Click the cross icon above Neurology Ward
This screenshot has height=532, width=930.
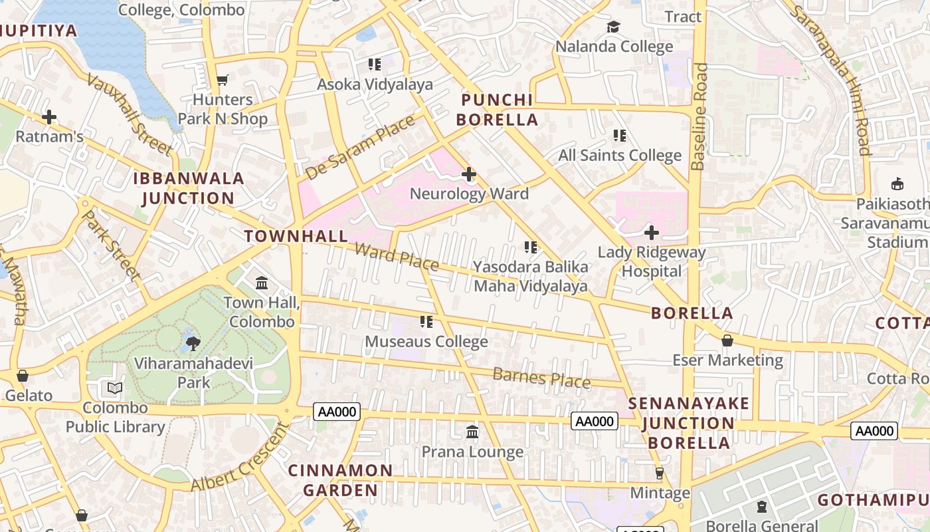[469, 175]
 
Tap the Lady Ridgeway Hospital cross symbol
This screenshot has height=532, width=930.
[652, 233]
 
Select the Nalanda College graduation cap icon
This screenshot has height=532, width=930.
[613, 27]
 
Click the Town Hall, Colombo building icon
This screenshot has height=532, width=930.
[262, 283]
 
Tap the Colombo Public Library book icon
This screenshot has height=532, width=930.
[115, 388]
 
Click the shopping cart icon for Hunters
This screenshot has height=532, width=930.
[223, 80]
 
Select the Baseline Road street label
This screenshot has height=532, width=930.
[699, 116]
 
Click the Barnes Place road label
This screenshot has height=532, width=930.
[541, 378]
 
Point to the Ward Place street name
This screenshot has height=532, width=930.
[397, 257]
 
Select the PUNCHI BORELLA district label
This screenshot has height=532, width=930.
[499, 110]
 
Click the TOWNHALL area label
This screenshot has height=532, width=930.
[296, 236]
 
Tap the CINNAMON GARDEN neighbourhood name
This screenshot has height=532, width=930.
[340, 480]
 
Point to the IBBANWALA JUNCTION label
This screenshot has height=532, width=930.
[188, 188]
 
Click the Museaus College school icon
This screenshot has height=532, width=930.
[426, 322]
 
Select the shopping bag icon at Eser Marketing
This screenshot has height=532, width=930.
[727, 340]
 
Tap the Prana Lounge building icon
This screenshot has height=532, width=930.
[472, 432]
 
